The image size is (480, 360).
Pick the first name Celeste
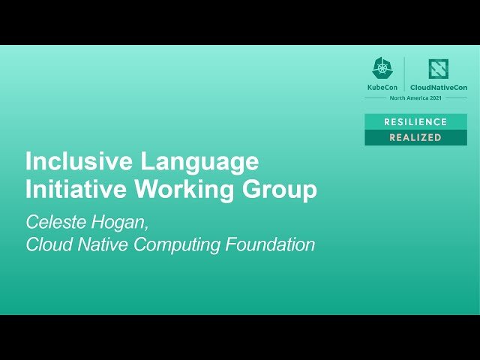click(x=53, y=222)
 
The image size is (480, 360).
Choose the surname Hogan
click(x=110, y=223)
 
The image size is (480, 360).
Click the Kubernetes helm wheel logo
click(x=382, y=68)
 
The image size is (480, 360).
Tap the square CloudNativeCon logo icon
click(x=438, y=69)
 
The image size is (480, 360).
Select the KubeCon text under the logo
click(x=382, y=88)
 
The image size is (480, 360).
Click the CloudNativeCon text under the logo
click(x=438, y=88)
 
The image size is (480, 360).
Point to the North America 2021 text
click(x=415, y=98)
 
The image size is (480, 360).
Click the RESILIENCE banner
click(x=415, y=121)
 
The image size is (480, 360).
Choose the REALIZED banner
click(x=415, y=138)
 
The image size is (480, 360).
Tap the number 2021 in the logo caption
click(x=434, y=98)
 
